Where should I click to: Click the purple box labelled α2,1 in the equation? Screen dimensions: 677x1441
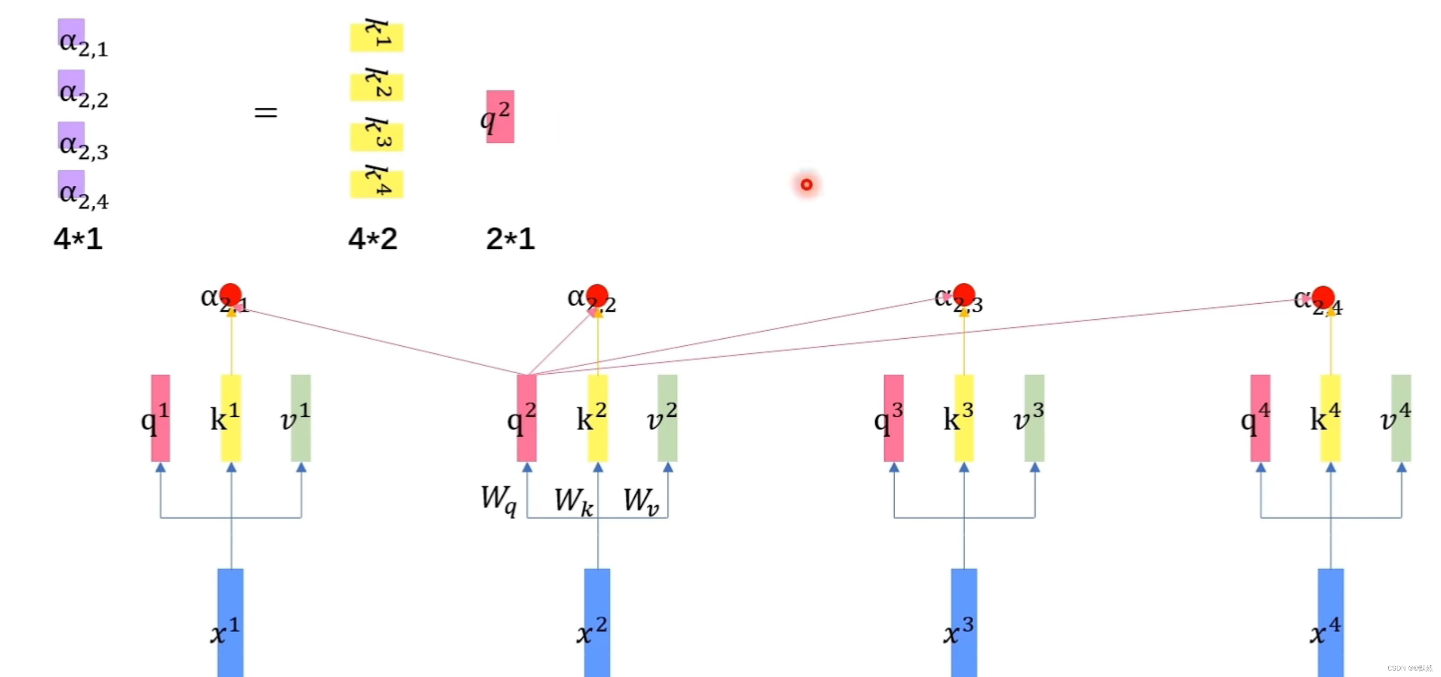(71, 33)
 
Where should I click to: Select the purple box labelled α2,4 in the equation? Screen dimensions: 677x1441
(71, 185)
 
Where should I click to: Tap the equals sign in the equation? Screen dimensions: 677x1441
(266, 113)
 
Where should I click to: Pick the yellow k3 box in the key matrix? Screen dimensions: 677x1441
(377, 136)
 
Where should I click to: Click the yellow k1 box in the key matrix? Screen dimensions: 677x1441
(377, 37)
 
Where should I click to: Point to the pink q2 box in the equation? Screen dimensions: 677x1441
(500, 116)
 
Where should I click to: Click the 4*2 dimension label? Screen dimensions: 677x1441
(372, 239)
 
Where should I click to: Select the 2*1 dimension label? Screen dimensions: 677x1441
(510, 239)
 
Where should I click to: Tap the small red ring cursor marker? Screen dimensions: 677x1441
(806, 185)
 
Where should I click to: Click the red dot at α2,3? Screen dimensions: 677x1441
(964, 295)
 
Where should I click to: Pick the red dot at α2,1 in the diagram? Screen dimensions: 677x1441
(231, 295)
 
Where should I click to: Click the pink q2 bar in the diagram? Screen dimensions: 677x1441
(526, 417)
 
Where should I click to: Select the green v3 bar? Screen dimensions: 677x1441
(1034, 417)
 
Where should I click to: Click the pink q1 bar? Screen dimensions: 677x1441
(161, 417)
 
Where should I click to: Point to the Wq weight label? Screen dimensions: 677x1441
(498, 499)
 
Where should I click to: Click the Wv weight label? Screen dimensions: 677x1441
(641, 500)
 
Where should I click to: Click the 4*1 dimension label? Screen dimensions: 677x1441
(78, 239)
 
